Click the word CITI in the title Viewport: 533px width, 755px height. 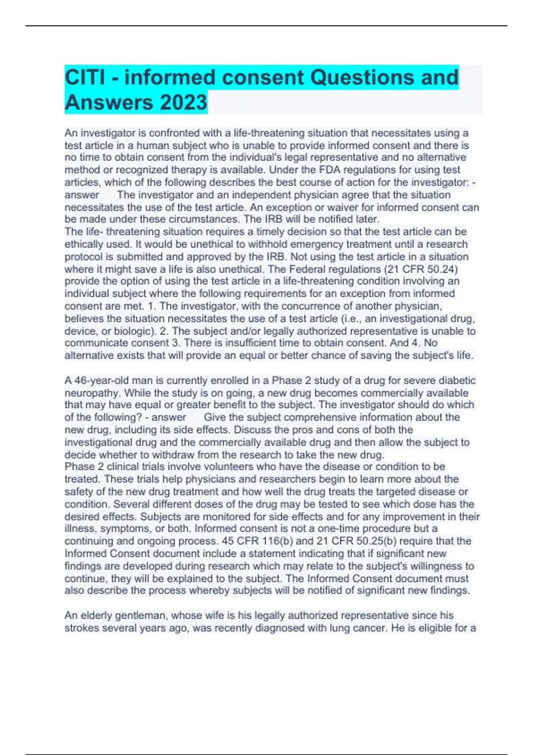(85, 78)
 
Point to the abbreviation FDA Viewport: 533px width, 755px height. (330, 170)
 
